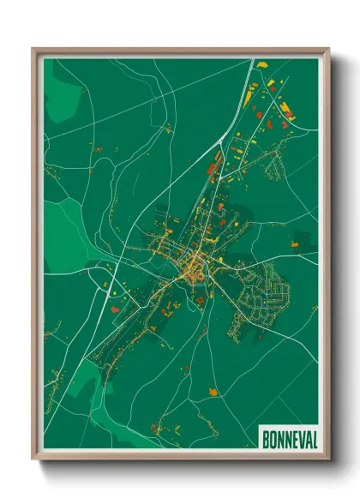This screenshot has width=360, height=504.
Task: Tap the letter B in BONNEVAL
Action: [x=264, y=438]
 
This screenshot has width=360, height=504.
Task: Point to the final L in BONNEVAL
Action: [x=314, y=438]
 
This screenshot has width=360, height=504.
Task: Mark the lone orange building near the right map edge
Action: [x=295, y=245]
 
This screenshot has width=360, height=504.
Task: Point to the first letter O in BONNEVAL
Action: [x=272, y=438]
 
